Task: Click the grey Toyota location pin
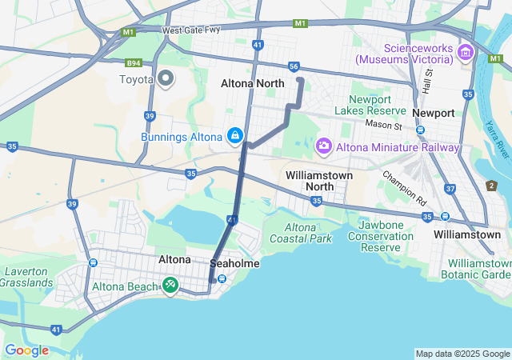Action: click(166, 78)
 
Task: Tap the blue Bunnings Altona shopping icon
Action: click(234, 136)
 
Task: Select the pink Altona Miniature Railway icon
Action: click(323, 146)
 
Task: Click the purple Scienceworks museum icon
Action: click(466, 54)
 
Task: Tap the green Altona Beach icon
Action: click(170, 286)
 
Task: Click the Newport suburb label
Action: click(434, 113)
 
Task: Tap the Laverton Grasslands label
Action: click(26, 277)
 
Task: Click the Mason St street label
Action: click(382, 126)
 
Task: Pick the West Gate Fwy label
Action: click(190, 31)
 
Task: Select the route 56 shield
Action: click(294, 67)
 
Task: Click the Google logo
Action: click(26, 350)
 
